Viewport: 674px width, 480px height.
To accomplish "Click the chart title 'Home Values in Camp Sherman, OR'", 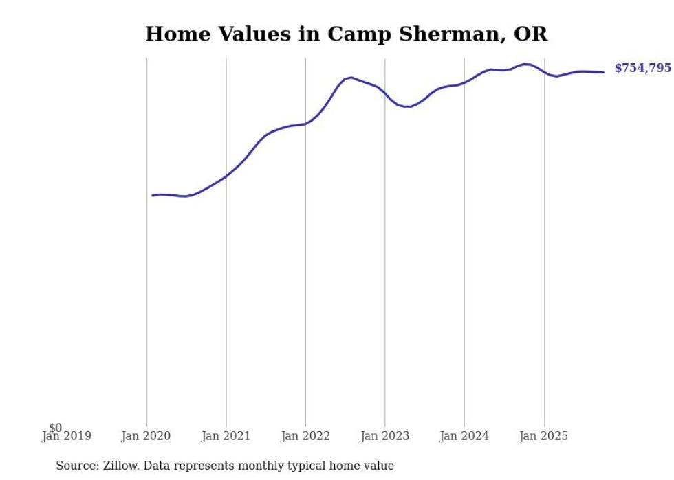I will [x=346, y=34].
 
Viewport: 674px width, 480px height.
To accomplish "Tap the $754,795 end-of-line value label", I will [x=642, y=68].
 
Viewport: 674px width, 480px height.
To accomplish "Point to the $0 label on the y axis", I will [x=56, y=428].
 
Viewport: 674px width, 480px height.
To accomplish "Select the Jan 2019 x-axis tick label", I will [x=67, y=436].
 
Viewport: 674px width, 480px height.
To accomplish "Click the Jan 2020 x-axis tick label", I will [x=146, y=436].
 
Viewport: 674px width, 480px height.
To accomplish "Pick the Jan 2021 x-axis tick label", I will [x=226, y=436].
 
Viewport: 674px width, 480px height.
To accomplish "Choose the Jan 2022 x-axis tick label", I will [x=305, y=436].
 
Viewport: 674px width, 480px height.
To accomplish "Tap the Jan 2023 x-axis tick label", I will [x=384, y=436].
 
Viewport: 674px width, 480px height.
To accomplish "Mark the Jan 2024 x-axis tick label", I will [x=464, y=436].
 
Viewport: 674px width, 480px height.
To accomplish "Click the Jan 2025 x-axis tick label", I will [x=544, y=436].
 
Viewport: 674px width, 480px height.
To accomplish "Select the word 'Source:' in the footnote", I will [x=77, y=466].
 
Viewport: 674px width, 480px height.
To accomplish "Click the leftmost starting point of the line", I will [x=153, y=196].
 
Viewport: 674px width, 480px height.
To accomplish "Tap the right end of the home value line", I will [x=603, y=72].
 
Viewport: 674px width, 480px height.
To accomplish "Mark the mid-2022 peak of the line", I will [x=351, y=78].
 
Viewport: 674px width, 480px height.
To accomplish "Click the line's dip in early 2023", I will [x=408, y=106].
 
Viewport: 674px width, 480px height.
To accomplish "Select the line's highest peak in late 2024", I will [x=526, y=65].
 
